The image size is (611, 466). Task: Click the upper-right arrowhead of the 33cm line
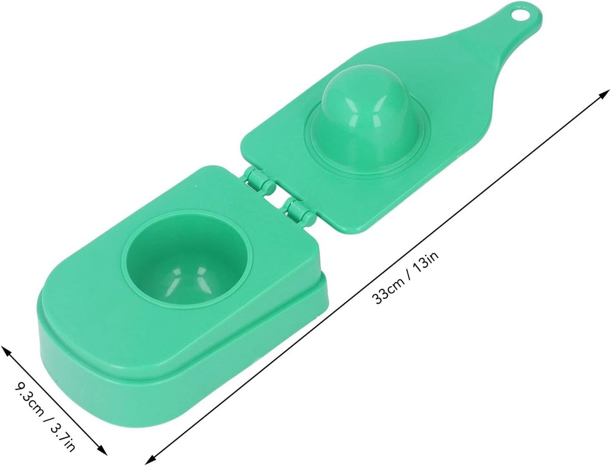pyautogui.click(x=603, y=95)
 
